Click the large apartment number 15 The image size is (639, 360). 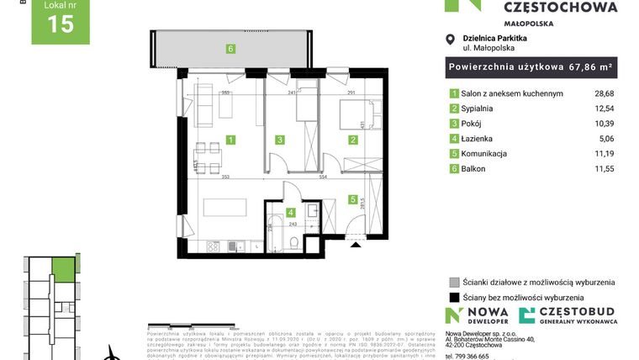(61, 24)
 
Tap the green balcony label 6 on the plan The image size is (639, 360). (230, 48)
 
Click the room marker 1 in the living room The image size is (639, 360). (230, 140)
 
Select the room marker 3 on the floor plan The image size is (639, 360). (281, 140)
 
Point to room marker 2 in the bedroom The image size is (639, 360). (352, 140)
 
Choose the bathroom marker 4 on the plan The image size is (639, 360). (290, 212)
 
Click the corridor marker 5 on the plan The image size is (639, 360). (352, 200)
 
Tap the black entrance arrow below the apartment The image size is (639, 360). (356, 245)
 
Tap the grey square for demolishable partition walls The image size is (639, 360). (455, 282)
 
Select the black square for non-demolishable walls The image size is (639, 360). (455, 297)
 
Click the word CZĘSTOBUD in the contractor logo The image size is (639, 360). (579, 313)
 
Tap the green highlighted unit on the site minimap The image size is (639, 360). (62, 270)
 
